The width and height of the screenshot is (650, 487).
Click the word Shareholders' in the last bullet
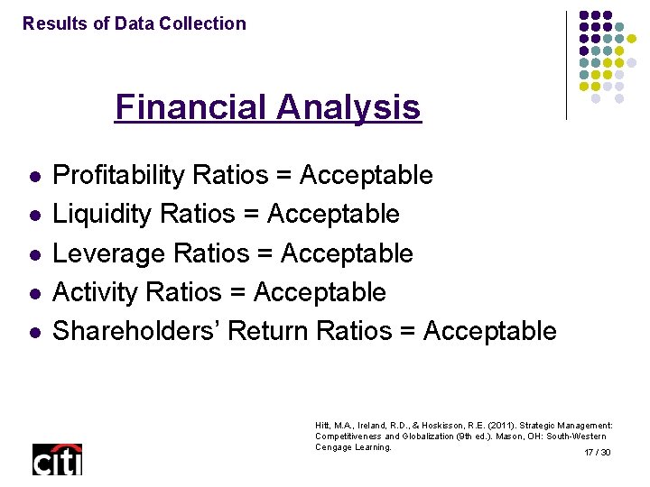click(135, 331)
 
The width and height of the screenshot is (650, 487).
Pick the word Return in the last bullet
click(268, 331)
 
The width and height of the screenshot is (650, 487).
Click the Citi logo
click(57, 459)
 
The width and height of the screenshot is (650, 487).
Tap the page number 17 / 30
click(598, 452)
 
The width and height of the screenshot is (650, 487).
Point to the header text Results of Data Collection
click(135, 23)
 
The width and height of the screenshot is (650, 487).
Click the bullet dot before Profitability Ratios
click(33, 176)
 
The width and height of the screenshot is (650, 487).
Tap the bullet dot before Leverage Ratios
click(33, 254)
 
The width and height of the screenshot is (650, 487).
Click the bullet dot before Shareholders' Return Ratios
click(33, 332)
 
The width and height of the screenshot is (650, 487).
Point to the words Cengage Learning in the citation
click(353, 447)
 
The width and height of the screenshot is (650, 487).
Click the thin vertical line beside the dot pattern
click(567, 65)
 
